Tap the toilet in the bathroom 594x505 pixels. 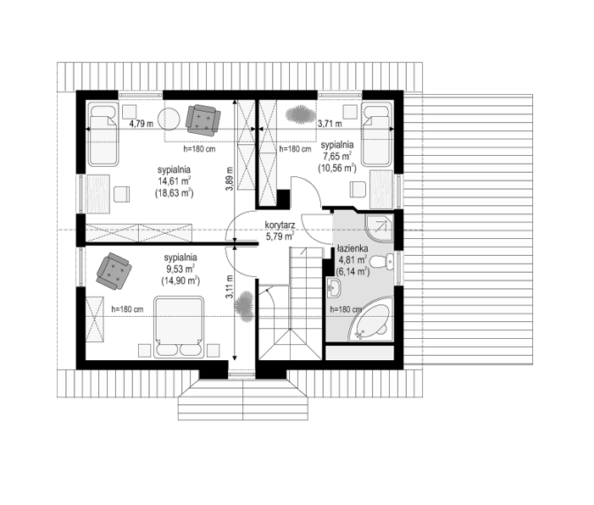[x=382, y=262]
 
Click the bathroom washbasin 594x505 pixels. [x=334, y=288]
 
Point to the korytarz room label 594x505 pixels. [x=280, y=225]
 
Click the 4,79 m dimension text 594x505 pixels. [x=142, y=123]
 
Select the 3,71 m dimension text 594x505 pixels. [x=330, y=123]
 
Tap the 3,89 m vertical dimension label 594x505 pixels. [x=230, y=179]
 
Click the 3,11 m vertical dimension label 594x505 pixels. [x=230, y=286]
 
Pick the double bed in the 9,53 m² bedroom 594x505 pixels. [x=179, y=327]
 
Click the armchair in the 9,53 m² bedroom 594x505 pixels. [x=114, y=271]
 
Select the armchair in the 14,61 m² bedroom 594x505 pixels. [x=203, y=120]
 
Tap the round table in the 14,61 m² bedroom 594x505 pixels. [x=169, y=119]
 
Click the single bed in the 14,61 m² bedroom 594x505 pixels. [x=103, y=135]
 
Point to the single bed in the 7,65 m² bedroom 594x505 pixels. [x=376, y=135]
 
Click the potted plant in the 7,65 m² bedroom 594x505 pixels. [x=301, y=114]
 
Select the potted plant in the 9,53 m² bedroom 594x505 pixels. [x=243, y=307]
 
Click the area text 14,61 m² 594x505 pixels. [x=175, y=181]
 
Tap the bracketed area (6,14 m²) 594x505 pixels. [x=353, y=271]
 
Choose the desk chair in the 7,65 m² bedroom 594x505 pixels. [x=358, y=189]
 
